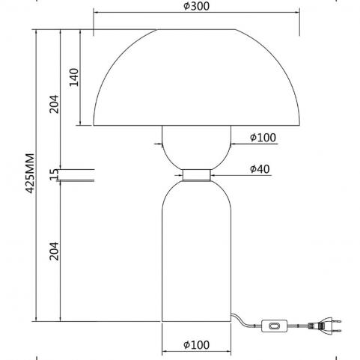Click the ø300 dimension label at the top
tap(197, 6)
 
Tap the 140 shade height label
tap(74, 77)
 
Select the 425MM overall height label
tap(30, 173)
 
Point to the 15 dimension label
tap(54, 174)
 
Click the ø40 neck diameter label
tap(260, 169)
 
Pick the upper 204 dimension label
tap(54, 104)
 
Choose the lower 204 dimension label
tap(54, 251)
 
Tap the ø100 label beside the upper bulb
tap(263, 137)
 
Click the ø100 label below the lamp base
tap(196, 345)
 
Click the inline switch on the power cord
tap(274, 326)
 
